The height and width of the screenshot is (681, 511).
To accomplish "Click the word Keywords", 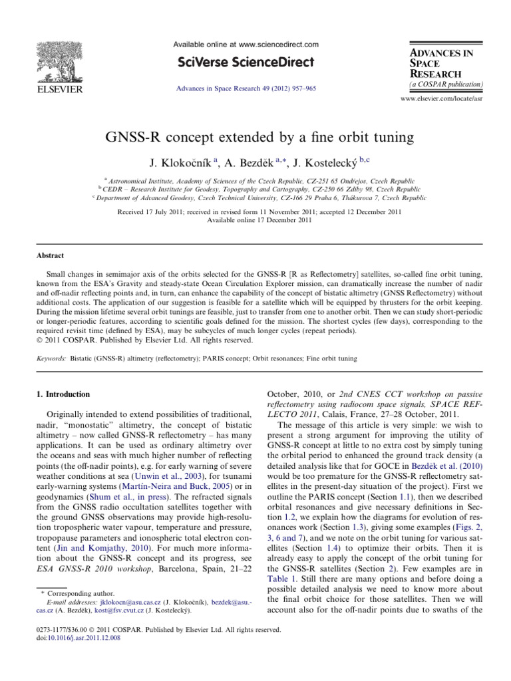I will (x=51, y=358).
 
